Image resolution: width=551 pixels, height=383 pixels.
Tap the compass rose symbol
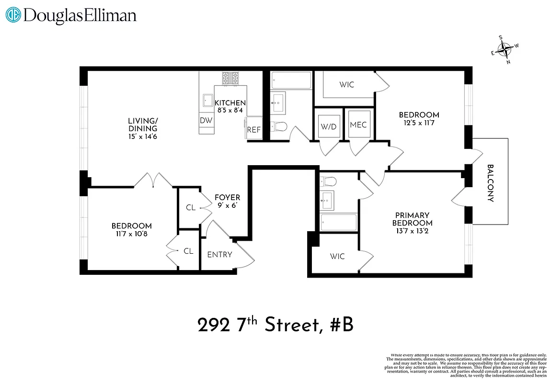pyautogui.click(x=505, y=49)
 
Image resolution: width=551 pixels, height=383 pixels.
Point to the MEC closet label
pyautogui.click(x=358, y=124)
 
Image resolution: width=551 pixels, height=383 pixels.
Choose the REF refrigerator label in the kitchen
pyautogui.click(x=253, y=130)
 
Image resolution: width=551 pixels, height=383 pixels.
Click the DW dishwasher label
pyautogui.click(x=206, y=121)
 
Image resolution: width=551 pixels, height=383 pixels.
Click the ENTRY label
pyautogui.click(x=219, y=255)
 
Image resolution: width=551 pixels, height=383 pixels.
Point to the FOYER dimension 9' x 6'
pyautogui.click(x=227, y=205)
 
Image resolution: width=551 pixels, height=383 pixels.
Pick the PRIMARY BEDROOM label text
pyautogui.click(x=412, y=219)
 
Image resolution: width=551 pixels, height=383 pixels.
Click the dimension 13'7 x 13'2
pyautogui.click(x=412, y=231)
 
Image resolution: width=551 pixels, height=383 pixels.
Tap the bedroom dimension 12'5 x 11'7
pyautogui.click(x=419, y=123)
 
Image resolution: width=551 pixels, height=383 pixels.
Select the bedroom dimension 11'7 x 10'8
pyautogui.click(x=131, y=234)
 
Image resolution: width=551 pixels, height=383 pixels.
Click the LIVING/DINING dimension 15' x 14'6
pyautogui.click(x=142, y=136)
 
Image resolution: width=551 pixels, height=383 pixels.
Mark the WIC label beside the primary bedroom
pyautogui.click(x=337, y=257)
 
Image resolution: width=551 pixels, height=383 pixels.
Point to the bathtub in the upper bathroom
pyautogui.click(x=291, y=79)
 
